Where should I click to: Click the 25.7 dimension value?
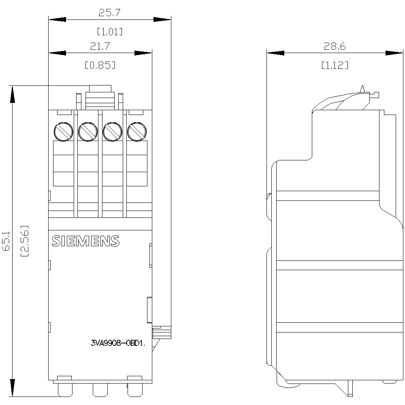click(109, 13)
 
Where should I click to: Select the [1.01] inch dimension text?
click(109, 32)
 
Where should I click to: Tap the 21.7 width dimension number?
click(100, 46)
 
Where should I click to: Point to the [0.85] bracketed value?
click(100, 65)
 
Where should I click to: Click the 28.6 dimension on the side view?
click(335, 46)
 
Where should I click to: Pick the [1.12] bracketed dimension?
click(335, 65)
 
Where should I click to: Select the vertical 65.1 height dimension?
click(6, 241)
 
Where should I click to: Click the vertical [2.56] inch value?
click(25, 241)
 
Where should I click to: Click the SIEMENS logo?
click(86, 241)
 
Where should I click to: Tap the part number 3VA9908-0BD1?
click(118, 343)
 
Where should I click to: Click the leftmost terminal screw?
click(63, 132)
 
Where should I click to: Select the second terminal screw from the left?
click(88, 132)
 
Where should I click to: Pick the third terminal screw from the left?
click(112, 132)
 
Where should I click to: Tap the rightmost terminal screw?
click(137, 132)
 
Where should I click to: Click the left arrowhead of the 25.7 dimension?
click(57, 19)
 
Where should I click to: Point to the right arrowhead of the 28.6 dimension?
click(394, 53)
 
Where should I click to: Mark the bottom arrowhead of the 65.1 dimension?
click(12, 388)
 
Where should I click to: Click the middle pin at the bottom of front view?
click(100, 390)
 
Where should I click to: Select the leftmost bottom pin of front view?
click(65, 390)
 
